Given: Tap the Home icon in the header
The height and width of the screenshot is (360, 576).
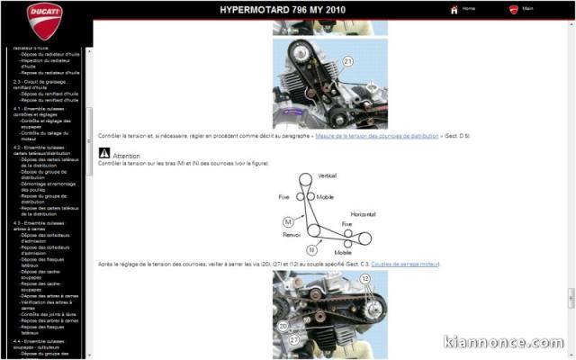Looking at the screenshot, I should (454, 9).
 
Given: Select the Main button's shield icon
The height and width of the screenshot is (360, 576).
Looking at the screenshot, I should (514, 9).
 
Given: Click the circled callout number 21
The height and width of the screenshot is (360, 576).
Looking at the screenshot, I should (347, 60).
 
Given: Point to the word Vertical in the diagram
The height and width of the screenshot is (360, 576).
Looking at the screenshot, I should (328, 175).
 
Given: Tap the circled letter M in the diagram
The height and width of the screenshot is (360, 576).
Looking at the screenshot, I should (288, 221).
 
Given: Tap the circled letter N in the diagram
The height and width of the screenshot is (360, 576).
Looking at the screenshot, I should (310, 249).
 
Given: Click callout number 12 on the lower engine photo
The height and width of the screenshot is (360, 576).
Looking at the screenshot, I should (365, 279).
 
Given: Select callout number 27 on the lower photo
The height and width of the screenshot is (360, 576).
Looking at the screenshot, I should (294, 340).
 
